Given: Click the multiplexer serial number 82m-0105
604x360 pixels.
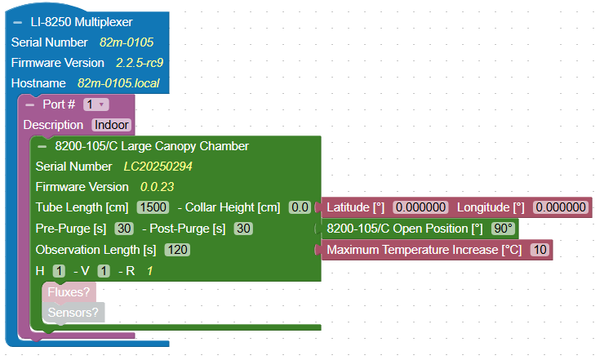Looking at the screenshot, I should click(127, 42).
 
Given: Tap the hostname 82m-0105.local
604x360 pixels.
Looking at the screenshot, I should click(118, 83).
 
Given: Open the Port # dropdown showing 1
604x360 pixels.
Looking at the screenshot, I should click(95, 104).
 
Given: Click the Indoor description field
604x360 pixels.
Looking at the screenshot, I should click(111, 125).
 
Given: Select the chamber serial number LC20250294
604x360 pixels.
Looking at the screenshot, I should click(158, 167).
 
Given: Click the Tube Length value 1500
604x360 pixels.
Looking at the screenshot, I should click(153, 207).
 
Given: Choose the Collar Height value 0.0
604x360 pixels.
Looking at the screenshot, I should click(300, 207).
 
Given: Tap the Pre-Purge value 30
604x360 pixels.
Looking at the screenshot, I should click(124, 228).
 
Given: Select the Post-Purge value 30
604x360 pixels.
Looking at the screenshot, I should click(243, 228).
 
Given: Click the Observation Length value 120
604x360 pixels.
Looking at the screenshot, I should click(178, 249).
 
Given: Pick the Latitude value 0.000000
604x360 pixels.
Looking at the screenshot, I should click(420, 207).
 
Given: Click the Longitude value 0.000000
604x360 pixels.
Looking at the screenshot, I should click(562, 207).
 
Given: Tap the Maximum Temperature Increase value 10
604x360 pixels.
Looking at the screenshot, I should click(540, 249).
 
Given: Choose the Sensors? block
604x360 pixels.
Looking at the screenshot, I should click(73, 312).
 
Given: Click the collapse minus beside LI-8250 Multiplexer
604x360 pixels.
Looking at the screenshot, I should click(17, 22).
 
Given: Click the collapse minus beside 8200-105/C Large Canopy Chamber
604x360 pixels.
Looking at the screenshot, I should click(42, 146).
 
